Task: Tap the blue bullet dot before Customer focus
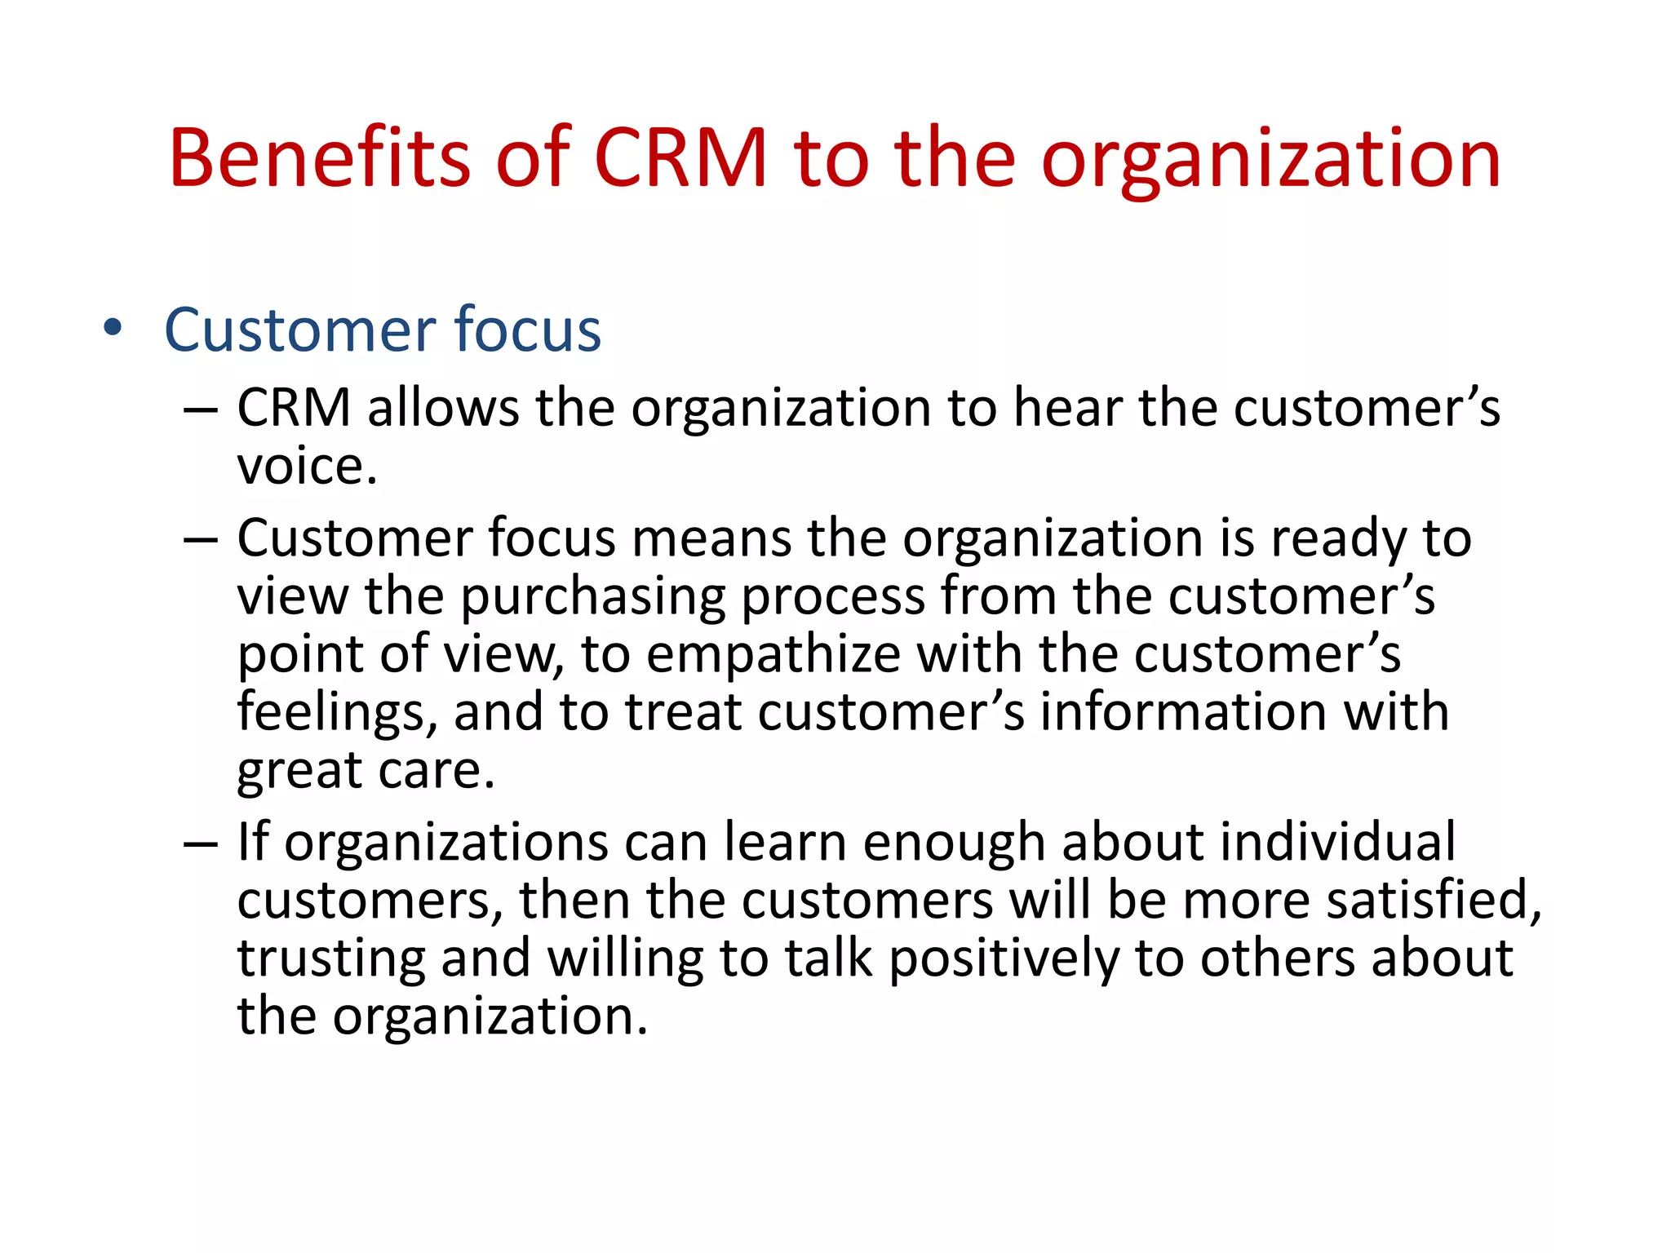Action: pyautogui.click(x=113, y=329)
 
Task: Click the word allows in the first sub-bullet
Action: pyautogui.click(x=442, y=408)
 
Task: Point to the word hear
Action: pyautogui.click(x=1066, y=408)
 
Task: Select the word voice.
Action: pyautogui.click(x=307, y=467)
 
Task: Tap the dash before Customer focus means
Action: pyautogui.click(x=201, y=540)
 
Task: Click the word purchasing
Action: pyautogui.click(x=593, y=598)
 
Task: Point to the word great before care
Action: pyautogui.click(x=299, y=772)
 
